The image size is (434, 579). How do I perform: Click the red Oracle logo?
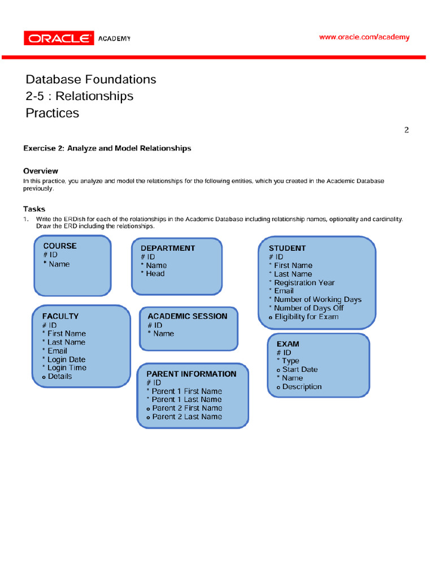[59, 38]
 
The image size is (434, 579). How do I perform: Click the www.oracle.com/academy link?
[364, 37]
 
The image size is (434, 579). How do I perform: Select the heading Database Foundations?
[91, 79]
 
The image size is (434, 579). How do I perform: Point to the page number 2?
[406, 130]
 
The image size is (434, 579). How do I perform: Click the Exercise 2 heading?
[107, 148]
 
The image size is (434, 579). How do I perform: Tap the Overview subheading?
[41, 171]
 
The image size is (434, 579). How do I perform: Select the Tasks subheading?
[34, 209]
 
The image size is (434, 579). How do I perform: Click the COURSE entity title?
[60, 246]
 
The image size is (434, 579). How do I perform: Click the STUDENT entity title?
[287, 248]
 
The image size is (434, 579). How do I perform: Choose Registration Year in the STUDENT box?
[304, 283]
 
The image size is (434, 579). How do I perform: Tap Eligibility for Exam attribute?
[306, 317]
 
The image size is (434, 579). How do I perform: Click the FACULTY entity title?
[60, 317]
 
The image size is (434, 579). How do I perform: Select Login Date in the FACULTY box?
[66, 359]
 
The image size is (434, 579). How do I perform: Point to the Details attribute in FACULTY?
[60, 376]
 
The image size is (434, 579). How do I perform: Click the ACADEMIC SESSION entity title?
[187, 317]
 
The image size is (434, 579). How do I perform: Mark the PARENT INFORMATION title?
[191, 374]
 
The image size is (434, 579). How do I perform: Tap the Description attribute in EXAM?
[302, 387]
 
